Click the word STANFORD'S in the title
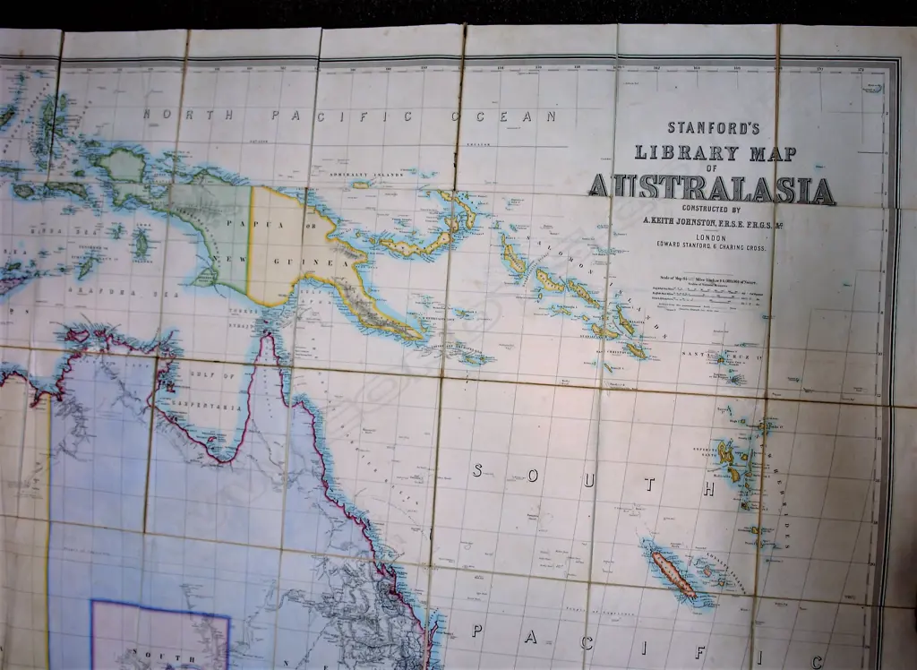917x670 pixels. pos(713,127)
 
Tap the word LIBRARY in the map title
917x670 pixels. pos(672,152)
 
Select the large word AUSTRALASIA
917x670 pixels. pos(712,189)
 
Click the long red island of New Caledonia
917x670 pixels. pos(673,574)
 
